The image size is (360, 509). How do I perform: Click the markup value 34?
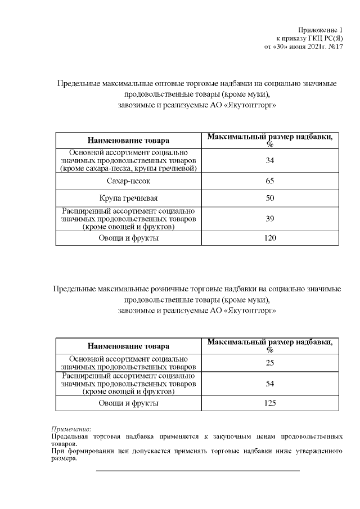point(270,161)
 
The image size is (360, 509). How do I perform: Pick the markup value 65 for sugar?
point(270,182)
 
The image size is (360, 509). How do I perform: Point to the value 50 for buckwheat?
point(270,199)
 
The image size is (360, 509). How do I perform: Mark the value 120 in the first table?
point(270,238)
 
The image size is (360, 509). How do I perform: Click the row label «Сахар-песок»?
point(128,182)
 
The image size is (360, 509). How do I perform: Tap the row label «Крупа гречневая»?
point(128,199)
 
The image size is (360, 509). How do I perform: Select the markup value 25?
point(270,363)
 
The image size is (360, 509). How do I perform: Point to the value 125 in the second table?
point(270,403)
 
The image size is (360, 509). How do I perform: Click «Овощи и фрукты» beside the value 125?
point(128,403)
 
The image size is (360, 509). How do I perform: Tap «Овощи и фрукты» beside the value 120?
point(128,238)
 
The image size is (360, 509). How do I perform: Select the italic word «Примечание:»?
point(71,429)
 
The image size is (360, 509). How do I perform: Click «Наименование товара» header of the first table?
point(128,140)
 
